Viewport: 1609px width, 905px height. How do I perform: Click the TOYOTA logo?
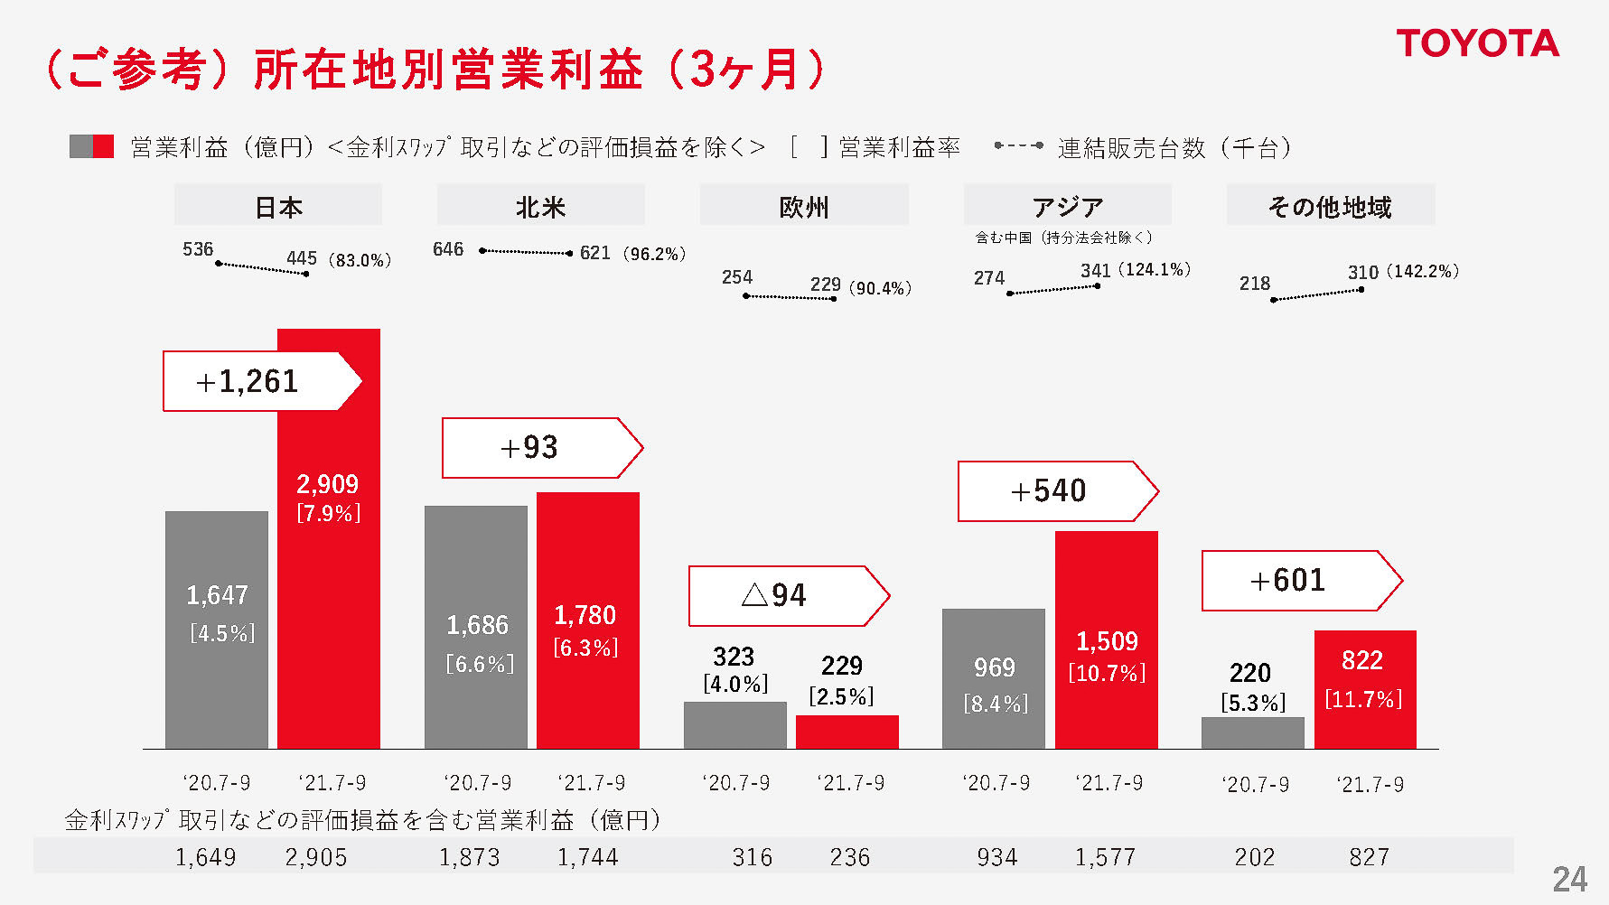tap(1477, 43)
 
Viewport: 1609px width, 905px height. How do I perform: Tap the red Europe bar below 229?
tap(847, 732)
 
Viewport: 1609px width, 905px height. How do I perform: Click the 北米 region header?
tap(540, 207)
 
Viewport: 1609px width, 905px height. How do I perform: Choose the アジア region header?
tap(1067, 207)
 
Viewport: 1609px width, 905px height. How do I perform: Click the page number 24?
tap(1569, 879)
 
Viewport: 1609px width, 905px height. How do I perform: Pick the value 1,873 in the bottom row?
tap(469, 857)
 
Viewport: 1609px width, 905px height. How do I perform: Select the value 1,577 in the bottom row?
tap(1104, 857)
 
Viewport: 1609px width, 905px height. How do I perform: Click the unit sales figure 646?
tap(448, 249)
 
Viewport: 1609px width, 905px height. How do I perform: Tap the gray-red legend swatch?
tap(91, 146)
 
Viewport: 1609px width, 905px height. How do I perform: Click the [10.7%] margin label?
tap(1107, 673)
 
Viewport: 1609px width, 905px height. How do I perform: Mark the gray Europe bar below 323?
tap(734, 725)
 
